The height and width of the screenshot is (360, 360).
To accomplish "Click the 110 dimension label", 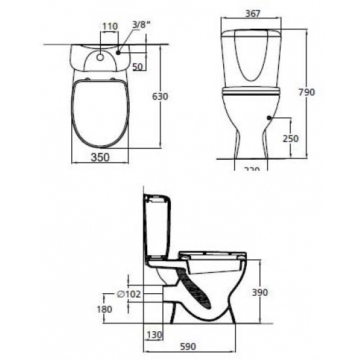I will (x=109, y=27).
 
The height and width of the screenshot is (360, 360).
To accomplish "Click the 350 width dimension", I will (x=100, y=157).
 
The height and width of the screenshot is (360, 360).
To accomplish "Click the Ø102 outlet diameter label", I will (x=128, y=294).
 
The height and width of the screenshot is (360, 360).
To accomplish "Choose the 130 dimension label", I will (x=154, y=334).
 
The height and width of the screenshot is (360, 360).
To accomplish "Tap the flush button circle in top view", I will (x=99, y=56).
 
